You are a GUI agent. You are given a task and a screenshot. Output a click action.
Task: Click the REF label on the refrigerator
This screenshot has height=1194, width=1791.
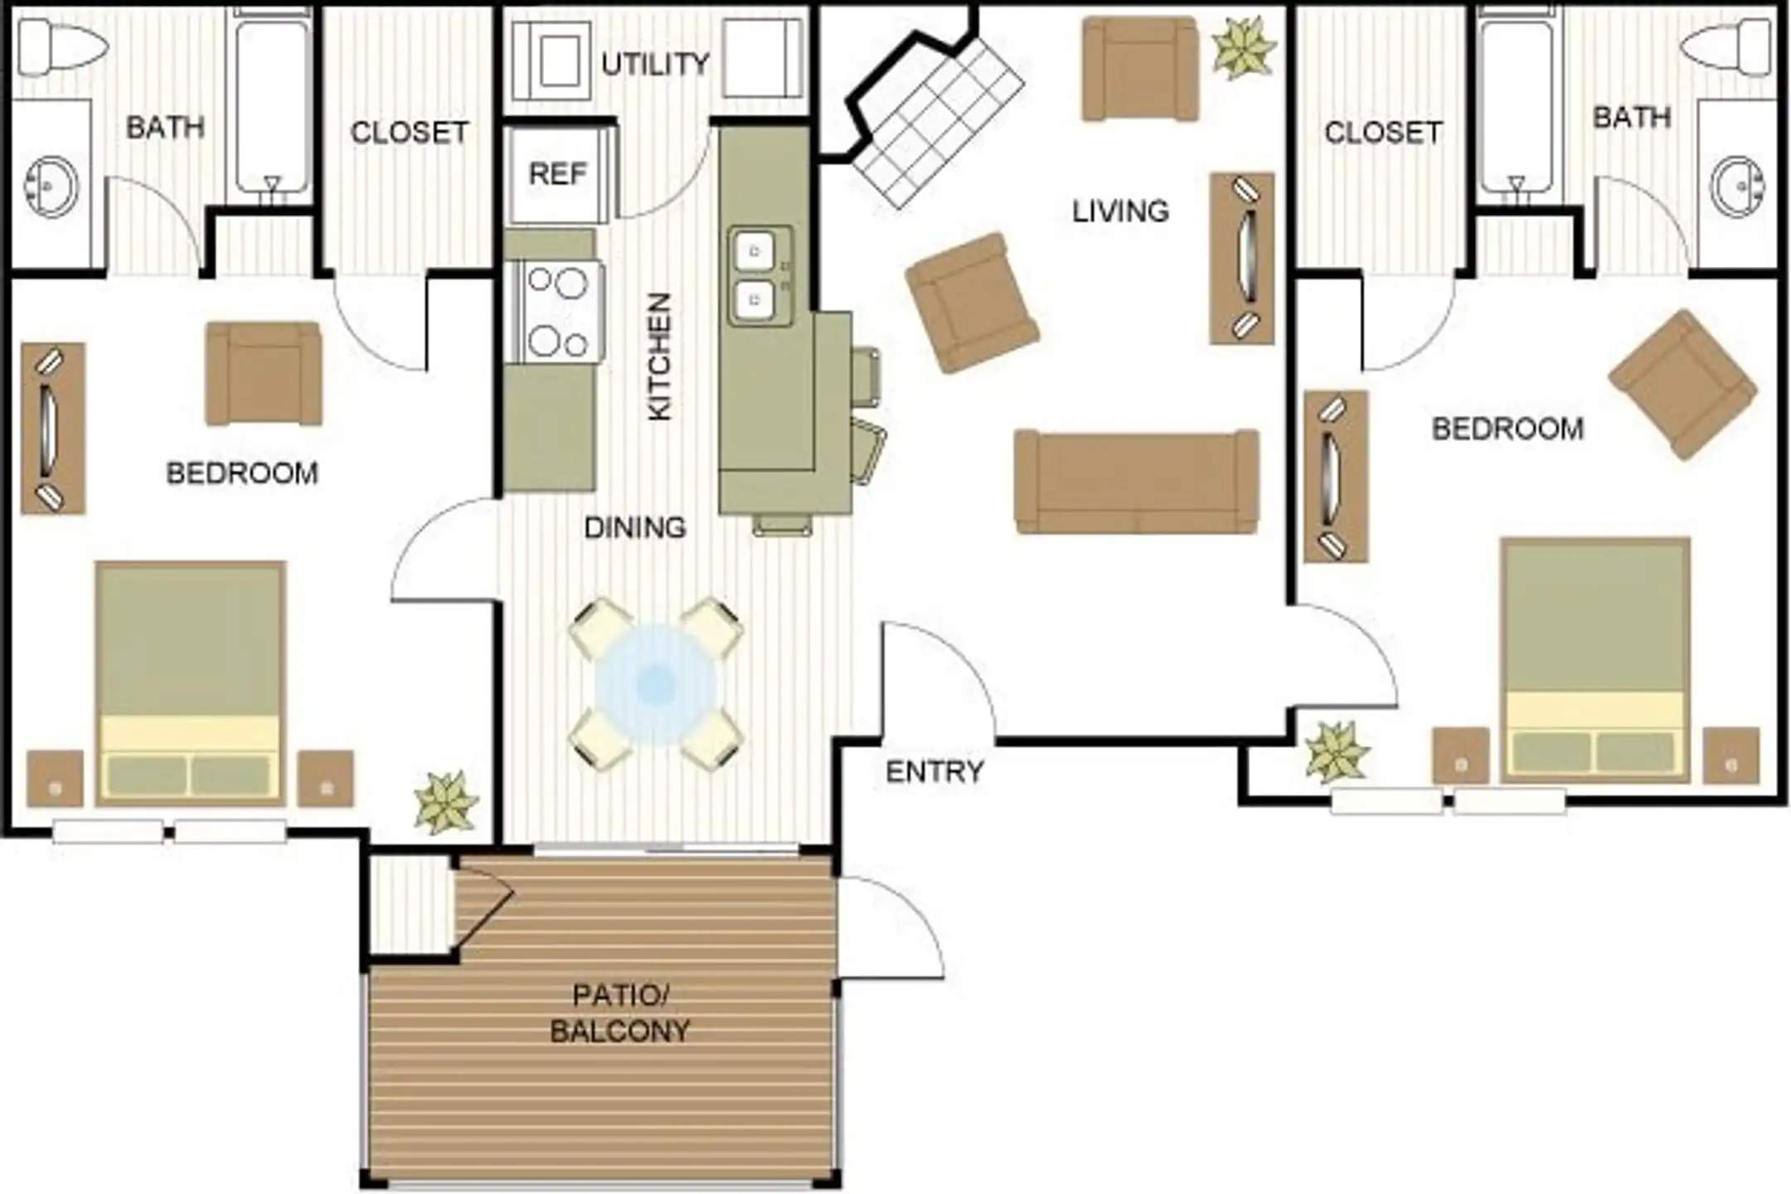click(557, 173)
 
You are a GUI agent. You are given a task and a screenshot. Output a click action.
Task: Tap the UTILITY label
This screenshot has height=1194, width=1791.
click(655, 64)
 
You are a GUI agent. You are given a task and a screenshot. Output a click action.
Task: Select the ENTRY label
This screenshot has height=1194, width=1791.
click(934, 772)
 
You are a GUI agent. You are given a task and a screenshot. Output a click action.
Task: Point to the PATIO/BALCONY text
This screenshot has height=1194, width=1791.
click(620, 1012)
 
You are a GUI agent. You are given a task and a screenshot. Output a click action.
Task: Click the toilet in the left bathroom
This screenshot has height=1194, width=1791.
click(62, 46)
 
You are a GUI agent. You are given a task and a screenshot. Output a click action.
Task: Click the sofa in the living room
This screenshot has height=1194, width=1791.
click(1137, 482)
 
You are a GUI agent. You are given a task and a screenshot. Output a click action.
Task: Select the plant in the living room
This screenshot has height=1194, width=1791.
click(1243, 47)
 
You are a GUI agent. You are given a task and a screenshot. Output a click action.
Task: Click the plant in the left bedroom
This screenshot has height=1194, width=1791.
click(447, 802)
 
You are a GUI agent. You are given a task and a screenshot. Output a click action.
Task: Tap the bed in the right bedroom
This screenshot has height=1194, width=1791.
click(1595, 660)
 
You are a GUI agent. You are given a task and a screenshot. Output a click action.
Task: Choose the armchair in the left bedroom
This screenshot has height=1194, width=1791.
click(264, 373)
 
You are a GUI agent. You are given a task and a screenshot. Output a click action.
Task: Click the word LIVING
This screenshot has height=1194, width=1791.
click(1121, 211)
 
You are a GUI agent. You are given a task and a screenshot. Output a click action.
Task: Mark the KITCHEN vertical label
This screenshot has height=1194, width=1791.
click(659, 357)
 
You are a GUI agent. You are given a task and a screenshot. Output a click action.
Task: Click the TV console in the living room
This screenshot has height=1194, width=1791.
click(1242, 258)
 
